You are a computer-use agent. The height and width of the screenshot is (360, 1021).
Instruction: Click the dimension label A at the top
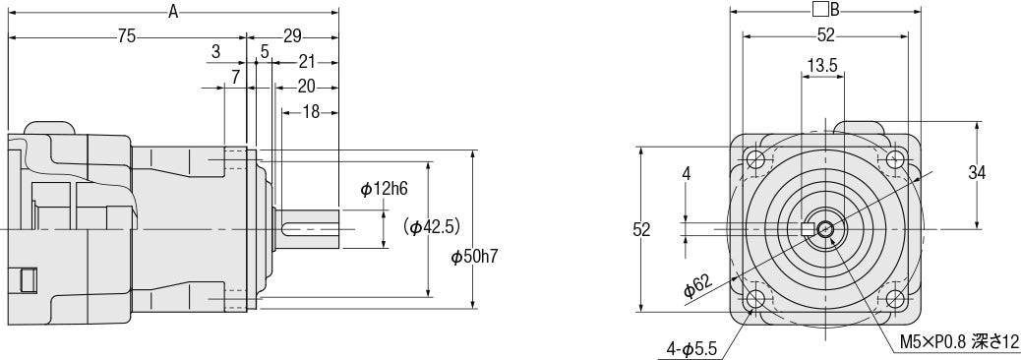click(x=173, y=12)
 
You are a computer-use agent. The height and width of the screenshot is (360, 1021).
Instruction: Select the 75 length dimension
click(x=126, y=36)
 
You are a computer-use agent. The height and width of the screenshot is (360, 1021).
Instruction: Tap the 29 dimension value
click(x=292, y=36)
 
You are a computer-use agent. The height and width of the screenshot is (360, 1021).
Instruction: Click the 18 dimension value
click(x=311, y=111)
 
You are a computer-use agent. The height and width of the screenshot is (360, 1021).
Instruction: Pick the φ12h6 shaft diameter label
click(x=383, y=189)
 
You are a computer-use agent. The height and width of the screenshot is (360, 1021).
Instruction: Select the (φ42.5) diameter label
click(x=433, y=226)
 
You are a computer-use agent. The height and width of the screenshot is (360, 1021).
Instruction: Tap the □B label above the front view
click(x=825, y=11)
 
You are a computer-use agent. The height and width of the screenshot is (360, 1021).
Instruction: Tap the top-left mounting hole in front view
click(x=756, y=159)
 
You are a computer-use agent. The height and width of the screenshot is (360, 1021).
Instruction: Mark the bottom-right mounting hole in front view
click(x=894, y=298)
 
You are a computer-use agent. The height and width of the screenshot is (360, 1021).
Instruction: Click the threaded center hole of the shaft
click(x=825, y=229)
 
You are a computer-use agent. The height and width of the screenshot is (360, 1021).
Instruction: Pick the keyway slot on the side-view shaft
click(x=301, y=228)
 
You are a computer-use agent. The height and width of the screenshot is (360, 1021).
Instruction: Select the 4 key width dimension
click(x=686, y=173)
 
